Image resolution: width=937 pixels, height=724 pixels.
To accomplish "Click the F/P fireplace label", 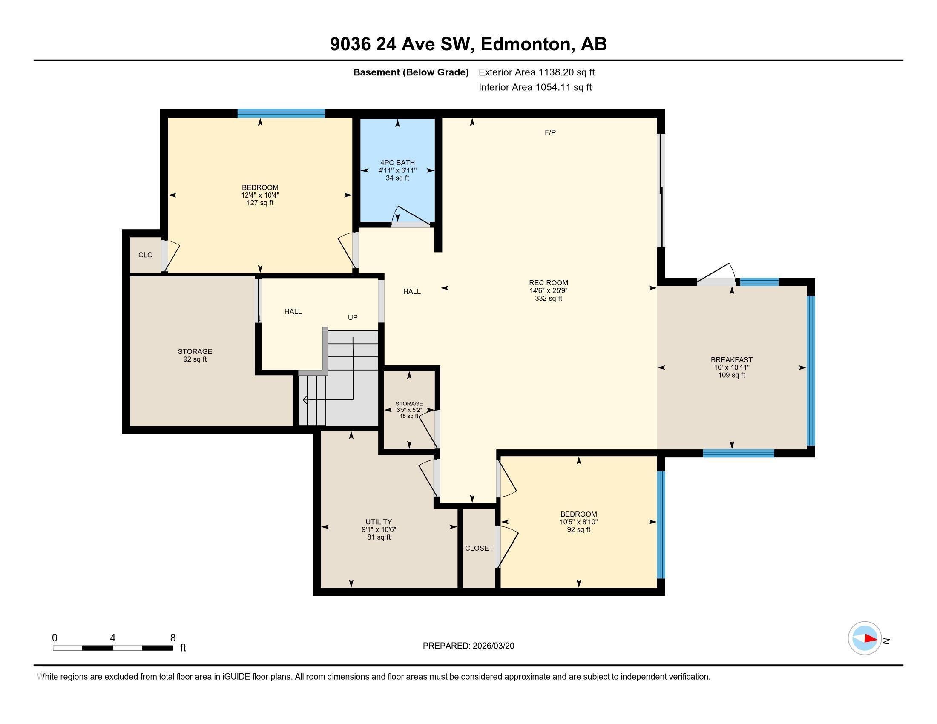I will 550,133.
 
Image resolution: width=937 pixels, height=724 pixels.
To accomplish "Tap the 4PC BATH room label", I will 397,163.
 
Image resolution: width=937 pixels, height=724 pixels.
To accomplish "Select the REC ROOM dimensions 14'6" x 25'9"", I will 548,290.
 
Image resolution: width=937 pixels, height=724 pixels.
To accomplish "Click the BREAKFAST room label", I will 731,360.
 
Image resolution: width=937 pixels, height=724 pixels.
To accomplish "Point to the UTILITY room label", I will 378,522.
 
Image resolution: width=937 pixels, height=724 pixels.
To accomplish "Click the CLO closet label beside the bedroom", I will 145,255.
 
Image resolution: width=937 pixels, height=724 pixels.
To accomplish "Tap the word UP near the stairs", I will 353,317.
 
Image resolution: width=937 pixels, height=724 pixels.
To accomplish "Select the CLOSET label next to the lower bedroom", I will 479,548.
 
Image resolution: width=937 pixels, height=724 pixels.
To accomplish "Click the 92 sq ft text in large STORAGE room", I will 195,359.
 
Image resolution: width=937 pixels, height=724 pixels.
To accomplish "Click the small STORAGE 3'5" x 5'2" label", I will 409,410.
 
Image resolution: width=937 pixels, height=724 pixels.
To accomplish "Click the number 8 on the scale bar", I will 173,638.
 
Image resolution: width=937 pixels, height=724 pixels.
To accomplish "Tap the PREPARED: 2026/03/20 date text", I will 468,646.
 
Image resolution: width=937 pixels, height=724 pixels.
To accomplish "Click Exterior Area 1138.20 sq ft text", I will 536,72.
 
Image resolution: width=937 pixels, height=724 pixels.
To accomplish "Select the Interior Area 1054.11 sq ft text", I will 535,87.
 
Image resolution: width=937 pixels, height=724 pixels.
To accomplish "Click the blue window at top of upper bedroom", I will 281,114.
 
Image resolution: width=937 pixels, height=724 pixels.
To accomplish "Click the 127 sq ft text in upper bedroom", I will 260,203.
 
